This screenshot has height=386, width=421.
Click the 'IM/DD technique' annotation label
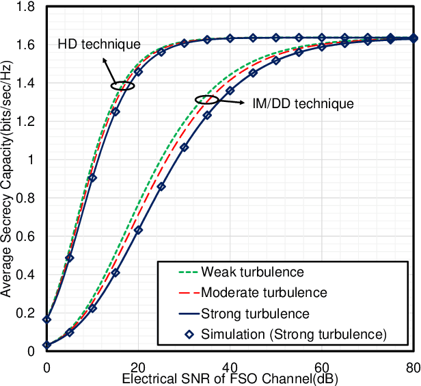click(x=301, y=104)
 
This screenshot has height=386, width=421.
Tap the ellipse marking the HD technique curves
click(x=122, y=86)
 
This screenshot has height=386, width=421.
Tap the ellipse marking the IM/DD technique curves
click(x=206, y=100)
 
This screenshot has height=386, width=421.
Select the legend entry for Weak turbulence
click(x=252, y=272)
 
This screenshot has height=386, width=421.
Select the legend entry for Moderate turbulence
click(x=264, y=292)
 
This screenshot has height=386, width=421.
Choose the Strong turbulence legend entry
click(x=256, y=313)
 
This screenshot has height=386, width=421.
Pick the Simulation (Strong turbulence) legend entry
click(x=294, y=334)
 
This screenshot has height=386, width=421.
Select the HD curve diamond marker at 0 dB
click(x=46, y=320)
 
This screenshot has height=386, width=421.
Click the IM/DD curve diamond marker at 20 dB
click(x=139, y=231)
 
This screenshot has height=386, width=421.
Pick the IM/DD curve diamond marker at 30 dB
click(x=185, y=148)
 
